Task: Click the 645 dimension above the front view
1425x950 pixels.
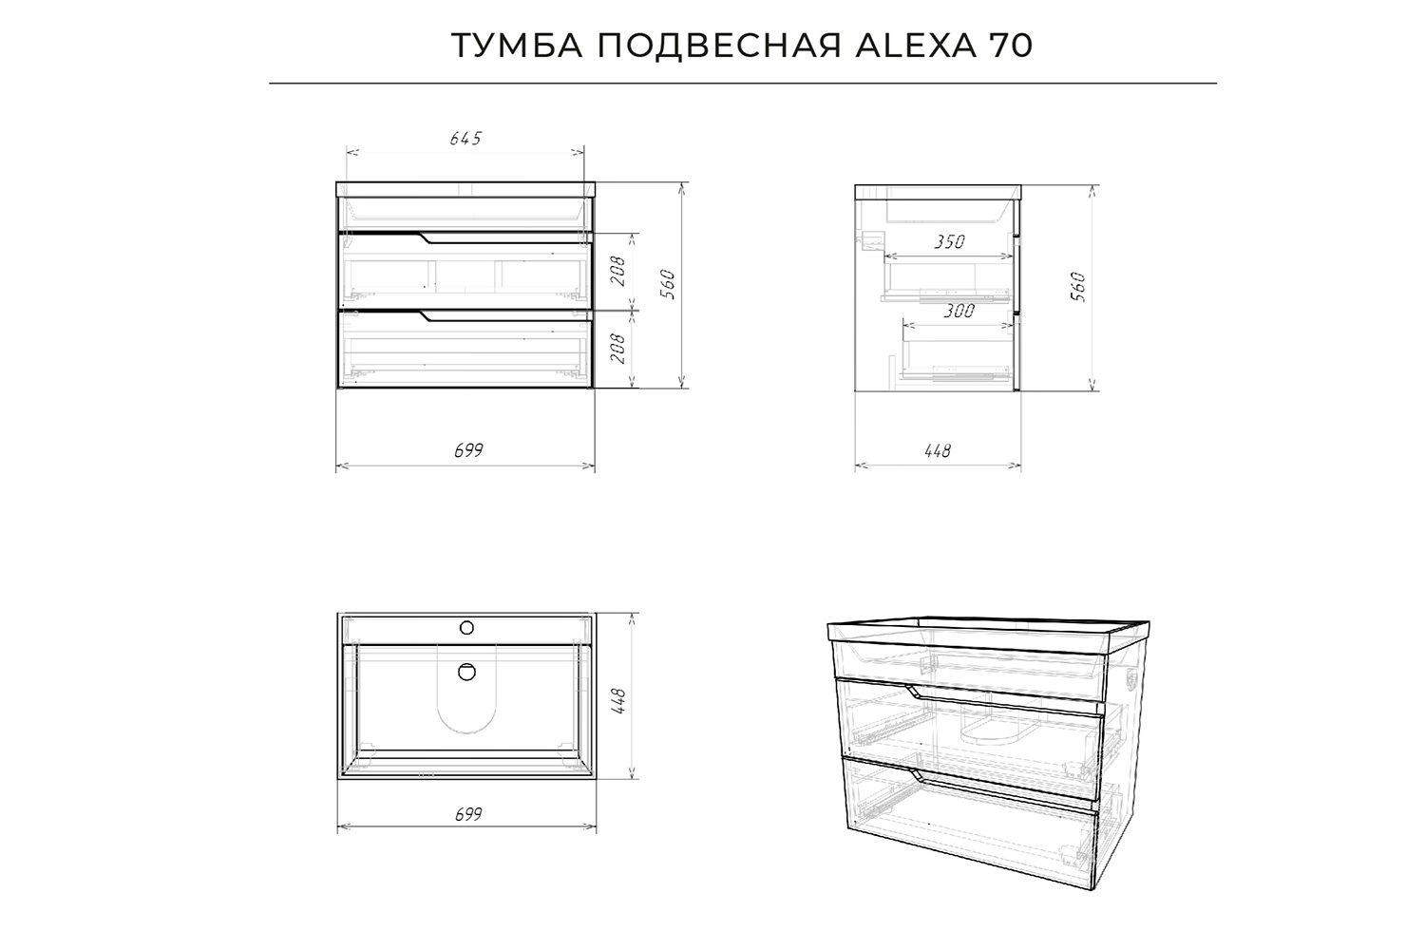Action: coord(465,139)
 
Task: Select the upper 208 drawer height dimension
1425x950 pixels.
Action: coord(617,272)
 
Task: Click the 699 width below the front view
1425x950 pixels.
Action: coord(467,451)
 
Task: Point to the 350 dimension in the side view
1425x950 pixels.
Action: coord(948,242)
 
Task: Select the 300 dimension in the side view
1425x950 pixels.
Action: coord(959,311)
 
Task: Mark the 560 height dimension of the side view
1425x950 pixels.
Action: coord(1078,285)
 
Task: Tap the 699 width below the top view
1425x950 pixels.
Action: coord(467,814)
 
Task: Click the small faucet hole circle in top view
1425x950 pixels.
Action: coord(466,627)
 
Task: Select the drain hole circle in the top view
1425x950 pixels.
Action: coord(466,672)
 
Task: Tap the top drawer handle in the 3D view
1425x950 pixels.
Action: coord(918,693)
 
